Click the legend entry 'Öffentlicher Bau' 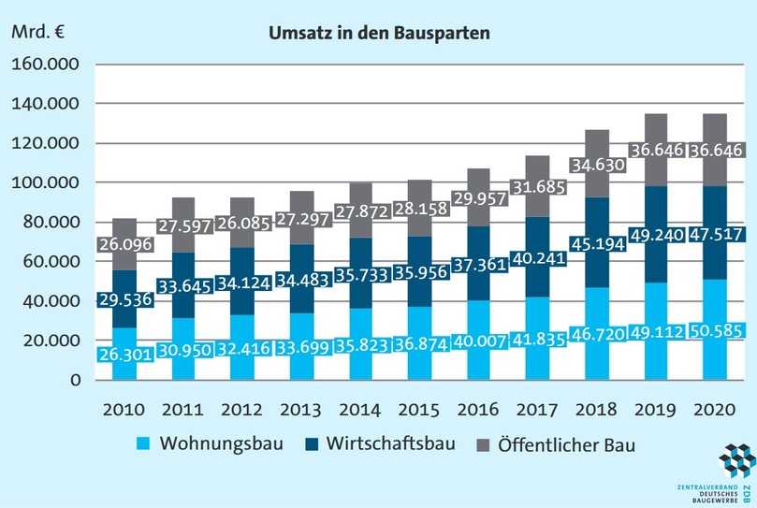pyautogui.click(x=571, y=444)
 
